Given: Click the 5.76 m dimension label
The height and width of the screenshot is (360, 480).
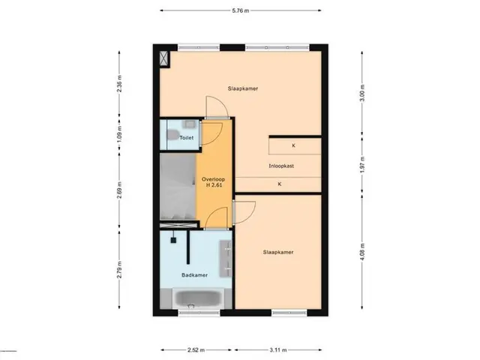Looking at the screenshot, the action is (240, 10).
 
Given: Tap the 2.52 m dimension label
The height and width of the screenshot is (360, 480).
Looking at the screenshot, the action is (196, 350).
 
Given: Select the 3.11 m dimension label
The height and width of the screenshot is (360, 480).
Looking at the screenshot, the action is (278, 350).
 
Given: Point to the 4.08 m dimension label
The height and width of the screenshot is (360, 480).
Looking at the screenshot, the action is (362, 252).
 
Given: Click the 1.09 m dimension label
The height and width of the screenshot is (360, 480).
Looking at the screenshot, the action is (119, 134).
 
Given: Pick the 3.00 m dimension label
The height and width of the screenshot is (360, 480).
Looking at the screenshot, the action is (362, 92).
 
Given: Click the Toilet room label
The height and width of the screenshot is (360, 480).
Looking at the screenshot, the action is (187, 138).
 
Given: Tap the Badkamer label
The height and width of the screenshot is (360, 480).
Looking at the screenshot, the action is (195, 275).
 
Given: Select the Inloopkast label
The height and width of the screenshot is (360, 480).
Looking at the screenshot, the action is (281, 166).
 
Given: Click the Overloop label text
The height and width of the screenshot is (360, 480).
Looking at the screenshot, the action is (213, 179).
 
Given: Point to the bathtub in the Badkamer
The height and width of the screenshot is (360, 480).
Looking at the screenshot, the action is (198, 298).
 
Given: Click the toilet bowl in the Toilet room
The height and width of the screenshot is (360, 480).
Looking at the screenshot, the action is (173, 134).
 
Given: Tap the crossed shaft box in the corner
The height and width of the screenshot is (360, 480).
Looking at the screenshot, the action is (164, 58).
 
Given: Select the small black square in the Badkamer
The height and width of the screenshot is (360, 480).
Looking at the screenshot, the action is (173, 240).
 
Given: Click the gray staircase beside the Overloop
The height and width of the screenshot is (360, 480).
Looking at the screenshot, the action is (178, 186).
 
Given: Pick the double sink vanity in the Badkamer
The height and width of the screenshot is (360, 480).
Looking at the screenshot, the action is (226, 259).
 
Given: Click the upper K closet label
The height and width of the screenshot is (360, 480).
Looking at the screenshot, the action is (293, 145).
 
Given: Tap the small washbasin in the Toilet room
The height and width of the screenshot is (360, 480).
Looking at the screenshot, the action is (189, 124).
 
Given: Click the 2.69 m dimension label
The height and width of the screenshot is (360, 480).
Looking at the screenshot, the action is (119, 190).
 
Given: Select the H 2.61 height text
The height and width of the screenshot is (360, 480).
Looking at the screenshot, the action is (214, 185).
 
